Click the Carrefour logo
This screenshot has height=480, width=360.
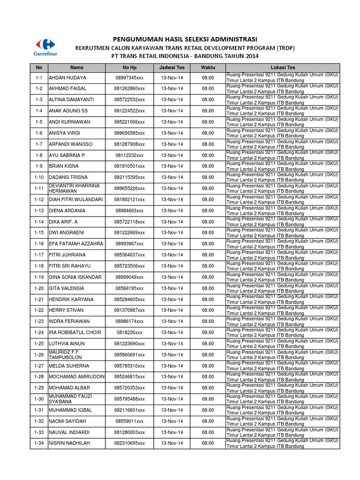coord(44,47)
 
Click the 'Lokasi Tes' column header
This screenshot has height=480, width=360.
coord(282,67)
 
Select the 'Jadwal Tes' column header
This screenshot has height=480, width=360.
coord(172,67)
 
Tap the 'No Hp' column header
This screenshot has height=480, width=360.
coord(129,67)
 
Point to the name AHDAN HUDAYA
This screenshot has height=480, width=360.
coord(67,78)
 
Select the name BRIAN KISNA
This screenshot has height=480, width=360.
coord(64,166)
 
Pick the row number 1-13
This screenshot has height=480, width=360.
coord(39,210)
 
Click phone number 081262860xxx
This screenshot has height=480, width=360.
coord(129,89)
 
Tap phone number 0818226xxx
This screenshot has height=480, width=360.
coord(129,332)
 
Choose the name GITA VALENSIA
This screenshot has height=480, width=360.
coord(67,288)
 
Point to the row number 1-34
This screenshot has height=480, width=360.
coord(39,443)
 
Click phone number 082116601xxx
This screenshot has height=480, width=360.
coord(129,410)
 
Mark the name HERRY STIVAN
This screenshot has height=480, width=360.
coord(66,310)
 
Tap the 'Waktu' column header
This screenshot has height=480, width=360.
coord(208,67)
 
